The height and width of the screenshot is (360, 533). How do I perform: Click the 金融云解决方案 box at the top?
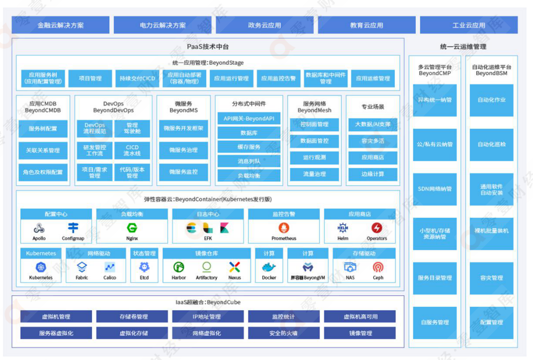tap(61, 25)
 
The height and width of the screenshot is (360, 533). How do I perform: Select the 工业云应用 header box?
tap(468, 25)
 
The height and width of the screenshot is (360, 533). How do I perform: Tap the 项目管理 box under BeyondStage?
tap(90, 79)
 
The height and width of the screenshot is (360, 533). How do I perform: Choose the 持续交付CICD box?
tap(137, 79)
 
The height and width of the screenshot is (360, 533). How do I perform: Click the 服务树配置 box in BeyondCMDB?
tap(43, 129)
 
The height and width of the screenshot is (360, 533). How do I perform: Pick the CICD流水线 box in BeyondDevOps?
tap(132, 151)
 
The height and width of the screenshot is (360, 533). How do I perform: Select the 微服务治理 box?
tap(183, 150)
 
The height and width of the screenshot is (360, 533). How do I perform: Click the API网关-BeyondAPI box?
tap(249, 119)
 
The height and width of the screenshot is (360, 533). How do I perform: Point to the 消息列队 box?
tap(249, 161)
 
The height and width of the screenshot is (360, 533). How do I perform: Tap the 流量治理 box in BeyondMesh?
tap(314, 174)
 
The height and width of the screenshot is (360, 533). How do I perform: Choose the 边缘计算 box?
tap(373, 174)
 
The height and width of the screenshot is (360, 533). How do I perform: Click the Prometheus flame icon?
tap(284, 228)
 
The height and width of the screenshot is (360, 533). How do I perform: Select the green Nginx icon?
tap(132, 228)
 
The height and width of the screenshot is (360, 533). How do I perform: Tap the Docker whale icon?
tap(269, 268)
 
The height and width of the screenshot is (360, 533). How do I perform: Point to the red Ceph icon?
tap(378, 268)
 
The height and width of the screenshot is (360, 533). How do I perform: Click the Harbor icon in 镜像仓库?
tap(179, 268)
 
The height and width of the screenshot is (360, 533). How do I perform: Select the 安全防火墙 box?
tap(283, 333)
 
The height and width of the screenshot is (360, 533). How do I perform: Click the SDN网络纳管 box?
tap(435, 189)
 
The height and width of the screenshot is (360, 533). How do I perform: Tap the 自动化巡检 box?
tap(491, 145)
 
